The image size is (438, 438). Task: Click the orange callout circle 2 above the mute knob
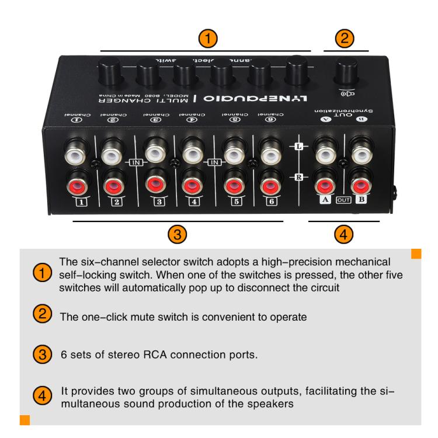pyautogui.click(x=345, y=38)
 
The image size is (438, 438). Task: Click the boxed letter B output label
pyautogui.click(x=360, y=200)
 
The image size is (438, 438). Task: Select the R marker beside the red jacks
pyautogui.click(x=298, y=176)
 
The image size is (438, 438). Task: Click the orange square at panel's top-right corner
pyautogui.click(x=416, y=253)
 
